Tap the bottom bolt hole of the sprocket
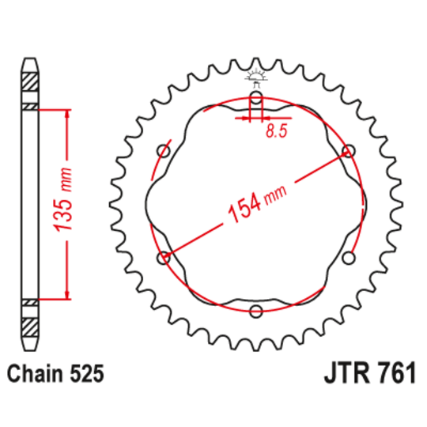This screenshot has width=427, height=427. pyautogui.click(x=255, y=311)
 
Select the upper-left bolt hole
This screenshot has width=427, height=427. pyautogui.click(x=164, y=152)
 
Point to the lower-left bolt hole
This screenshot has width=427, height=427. pyautogui.click(x=164, y=257)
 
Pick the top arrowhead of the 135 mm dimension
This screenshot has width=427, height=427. pyautogui.click(x=66, y=113)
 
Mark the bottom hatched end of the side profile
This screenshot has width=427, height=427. pyautogui.click(x=28, y=327)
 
